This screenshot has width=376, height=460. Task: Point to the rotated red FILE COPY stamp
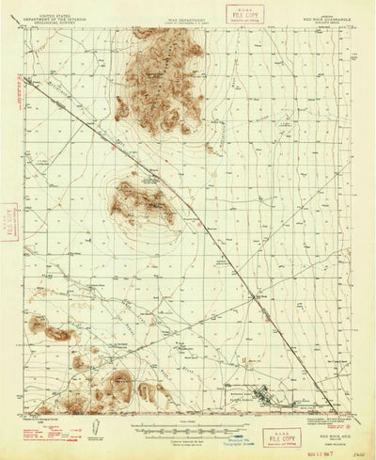[x=12, y=222]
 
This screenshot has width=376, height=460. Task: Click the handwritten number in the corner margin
[x=358, y=452]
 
